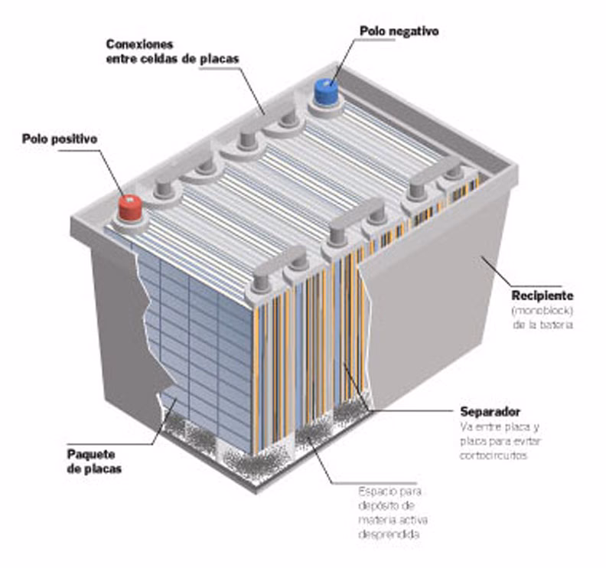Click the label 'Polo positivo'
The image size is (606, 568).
click(60, 139)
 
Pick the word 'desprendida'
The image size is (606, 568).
click(389, 535)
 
